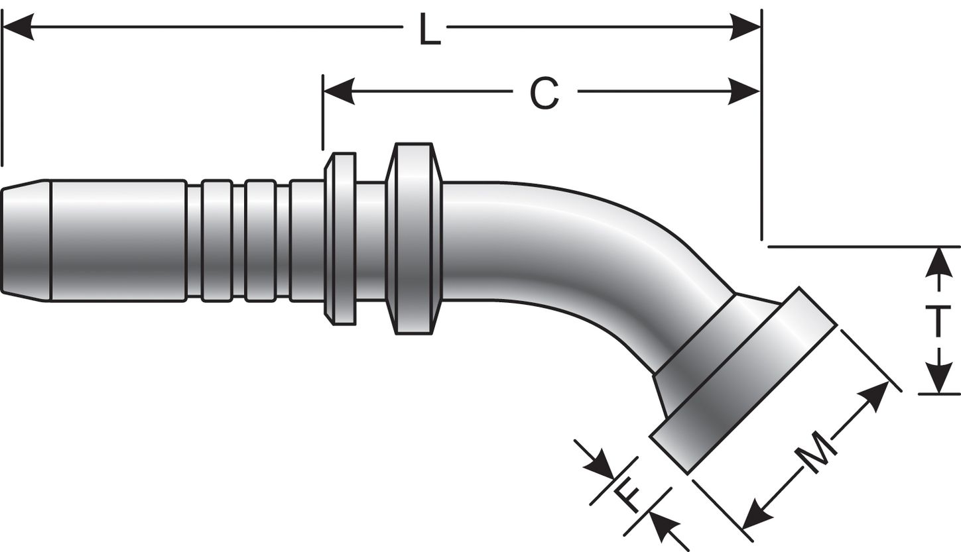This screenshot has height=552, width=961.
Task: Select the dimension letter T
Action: coord(938,322)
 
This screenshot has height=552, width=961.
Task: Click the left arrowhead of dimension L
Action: coord(19,27)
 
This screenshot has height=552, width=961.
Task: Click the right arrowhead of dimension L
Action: coord(745,27)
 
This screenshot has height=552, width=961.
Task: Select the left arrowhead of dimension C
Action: coord(339,91)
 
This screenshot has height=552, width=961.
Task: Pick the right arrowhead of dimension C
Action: coord(745,91)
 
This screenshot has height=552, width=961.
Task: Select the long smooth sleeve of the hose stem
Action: coord(117,240)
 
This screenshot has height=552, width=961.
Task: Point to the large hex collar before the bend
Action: coord(414,239)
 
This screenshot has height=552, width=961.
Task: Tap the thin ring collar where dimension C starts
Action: coord(343,239)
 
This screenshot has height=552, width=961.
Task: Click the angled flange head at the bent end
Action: coord(743,381)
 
